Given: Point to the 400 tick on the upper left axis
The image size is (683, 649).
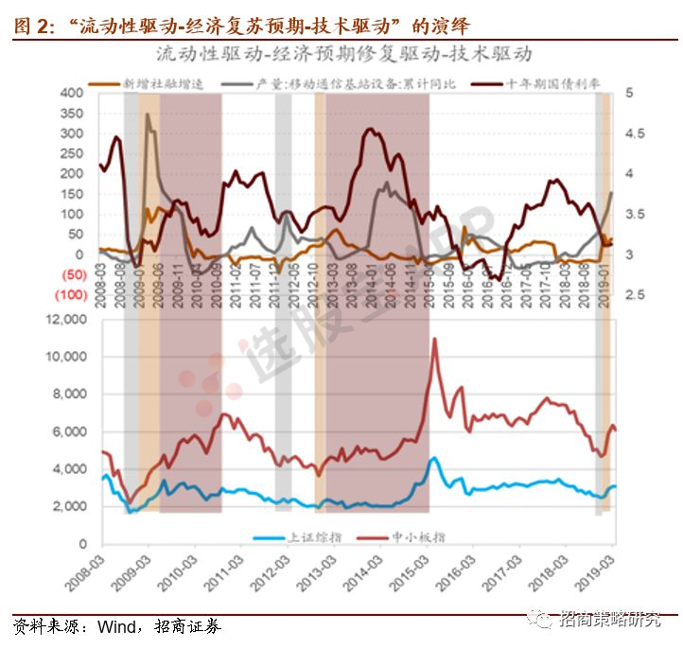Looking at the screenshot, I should click(x=71, y=94).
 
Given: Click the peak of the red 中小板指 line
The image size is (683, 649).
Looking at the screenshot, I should click(x=434, y=339).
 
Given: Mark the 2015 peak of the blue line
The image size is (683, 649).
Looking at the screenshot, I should click(x=433, y=458).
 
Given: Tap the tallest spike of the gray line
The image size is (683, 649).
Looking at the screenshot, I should click(x=148, y=115).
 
